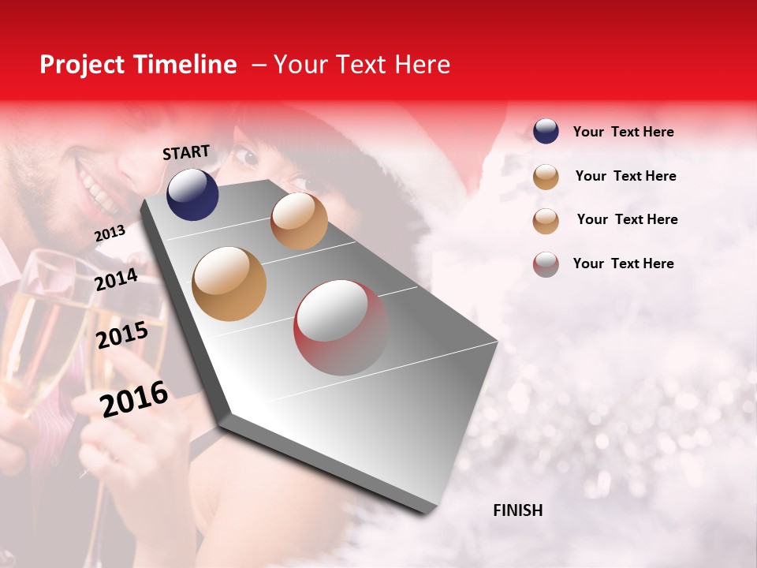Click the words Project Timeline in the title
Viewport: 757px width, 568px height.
138,65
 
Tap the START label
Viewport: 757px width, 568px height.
186,152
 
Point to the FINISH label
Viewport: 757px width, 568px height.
518,510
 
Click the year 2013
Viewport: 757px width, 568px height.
110,234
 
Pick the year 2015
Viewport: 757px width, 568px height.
122,335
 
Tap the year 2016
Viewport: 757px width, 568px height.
134,399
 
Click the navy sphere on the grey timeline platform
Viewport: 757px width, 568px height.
192,194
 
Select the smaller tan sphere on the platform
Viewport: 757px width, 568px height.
299,221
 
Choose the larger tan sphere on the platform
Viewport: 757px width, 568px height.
229,284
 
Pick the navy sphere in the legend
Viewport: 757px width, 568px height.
546,131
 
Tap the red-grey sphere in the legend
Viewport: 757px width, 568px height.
546,264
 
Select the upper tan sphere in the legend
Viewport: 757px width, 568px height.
546,177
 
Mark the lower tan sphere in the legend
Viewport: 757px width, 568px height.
546,221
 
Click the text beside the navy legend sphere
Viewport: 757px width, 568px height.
623,132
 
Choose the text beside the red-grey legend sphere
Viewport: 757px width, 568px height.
623,263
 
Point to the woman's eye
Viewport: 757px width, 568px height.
248,155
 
